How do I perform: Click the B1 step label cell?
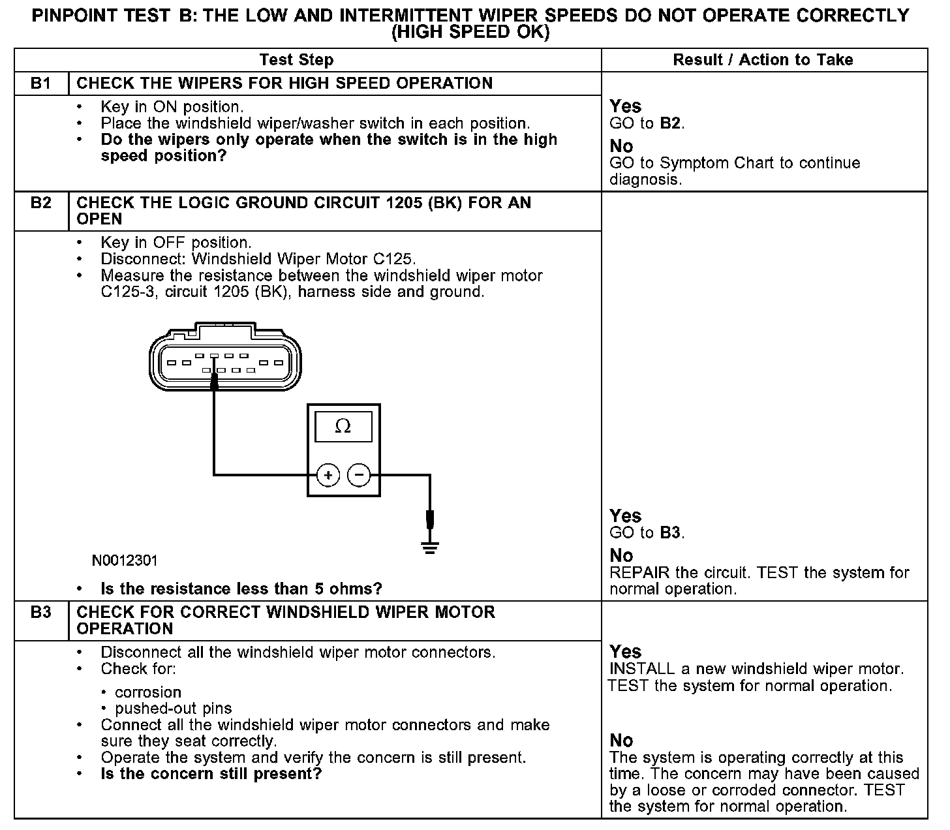point(40,84)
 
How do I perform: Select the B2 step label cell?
point(40,203)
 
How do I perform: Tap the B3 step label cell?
point(40,613)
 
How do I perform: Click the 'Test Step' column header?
point(296,60)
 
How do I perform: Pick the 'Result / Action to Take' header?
point(763,60)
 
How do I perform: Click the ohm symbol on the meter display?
point(343,427)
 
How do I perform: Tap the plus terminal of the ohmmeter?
point(328,475)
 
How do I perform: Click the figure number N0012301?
point(125,561)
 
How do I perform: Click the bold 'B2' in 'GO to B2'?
point(671,123)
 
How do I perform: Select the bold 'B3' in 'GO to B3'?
point(671,533)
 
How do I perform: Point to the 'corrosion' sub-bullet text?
point(148,692)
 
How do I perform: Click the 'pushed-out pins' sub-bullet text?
point(173,709)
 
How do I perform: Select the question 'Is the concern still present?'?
point(211,775)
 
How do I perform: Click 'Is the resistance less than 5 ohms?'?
point(241,589)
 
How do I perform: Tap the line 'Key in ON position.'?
point(172,107)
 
